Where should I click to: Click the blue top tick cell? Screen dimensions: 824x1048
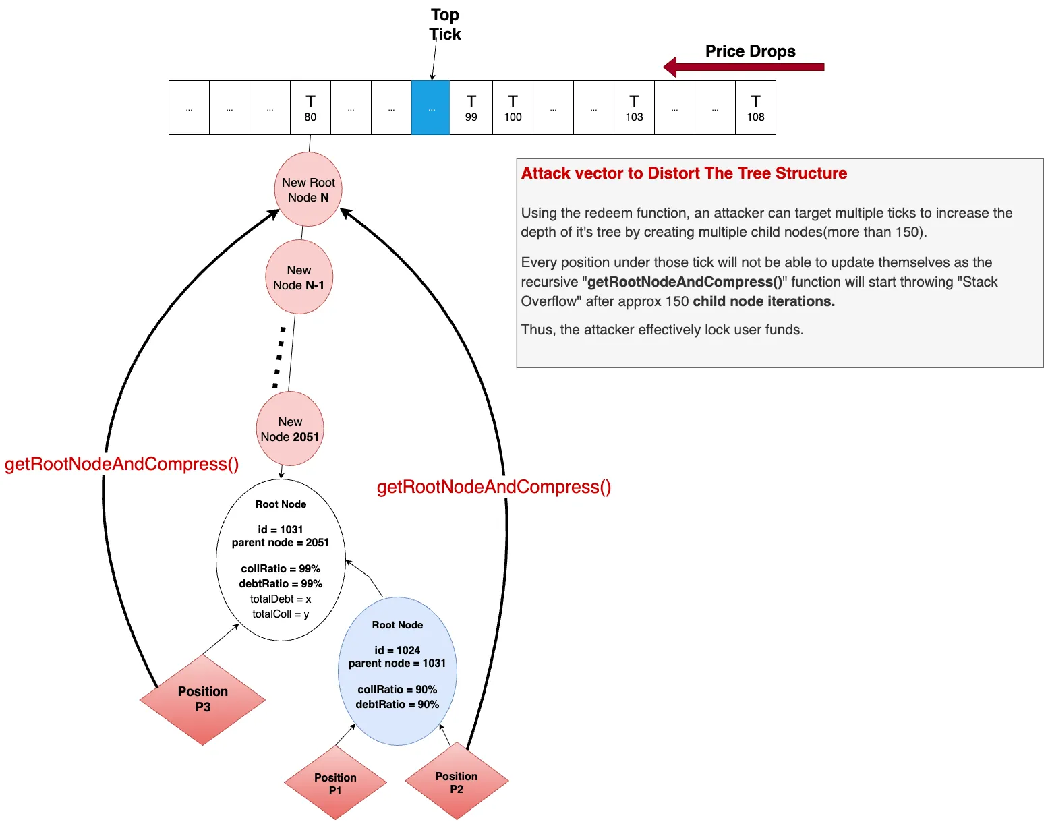(431, 108)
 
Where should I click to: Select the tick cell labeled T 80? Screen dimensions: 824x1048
(310, 108)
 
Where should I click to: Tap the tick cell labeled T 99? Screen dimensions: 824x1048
(471, 108)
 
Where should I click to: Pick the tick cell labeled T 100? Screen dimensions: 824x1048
(513, 108)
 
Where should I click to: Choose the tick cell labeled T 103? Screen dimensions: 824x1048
(634, 108)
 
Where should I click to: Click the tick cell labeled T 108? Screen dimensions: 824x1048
(755, 108)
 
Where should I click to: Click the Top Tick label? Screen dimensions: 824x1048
(445, 24)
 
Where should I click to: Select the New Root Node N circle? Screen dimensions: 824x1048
(308, 189)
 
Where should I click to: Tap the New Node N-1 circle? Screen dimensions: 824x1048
(299, 277)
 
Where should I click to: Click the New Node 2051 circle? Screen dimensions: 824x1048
(290, 429)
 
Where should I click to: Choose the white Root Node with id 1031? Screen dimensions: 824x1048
(281, 560)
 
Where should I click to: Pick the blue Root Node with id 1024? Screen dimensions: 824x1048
(397, 671)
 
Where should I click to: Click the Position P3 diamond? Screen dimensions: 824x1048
(202, 699)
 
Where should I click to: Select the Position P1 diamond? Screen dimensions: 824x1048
(335, 784)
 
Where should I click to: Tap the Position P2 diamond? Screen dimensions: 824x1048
(457, 782)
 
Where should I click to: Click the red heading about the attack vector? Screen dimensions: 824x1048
(684, 173)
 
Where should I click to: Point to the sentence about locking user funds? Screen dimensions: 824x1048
(662, 330)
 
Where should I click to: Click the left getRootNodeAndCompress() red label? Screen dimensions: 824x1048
(121, 464)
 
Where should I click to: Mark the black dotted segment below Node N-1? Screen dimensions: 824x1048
(279, 357)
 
